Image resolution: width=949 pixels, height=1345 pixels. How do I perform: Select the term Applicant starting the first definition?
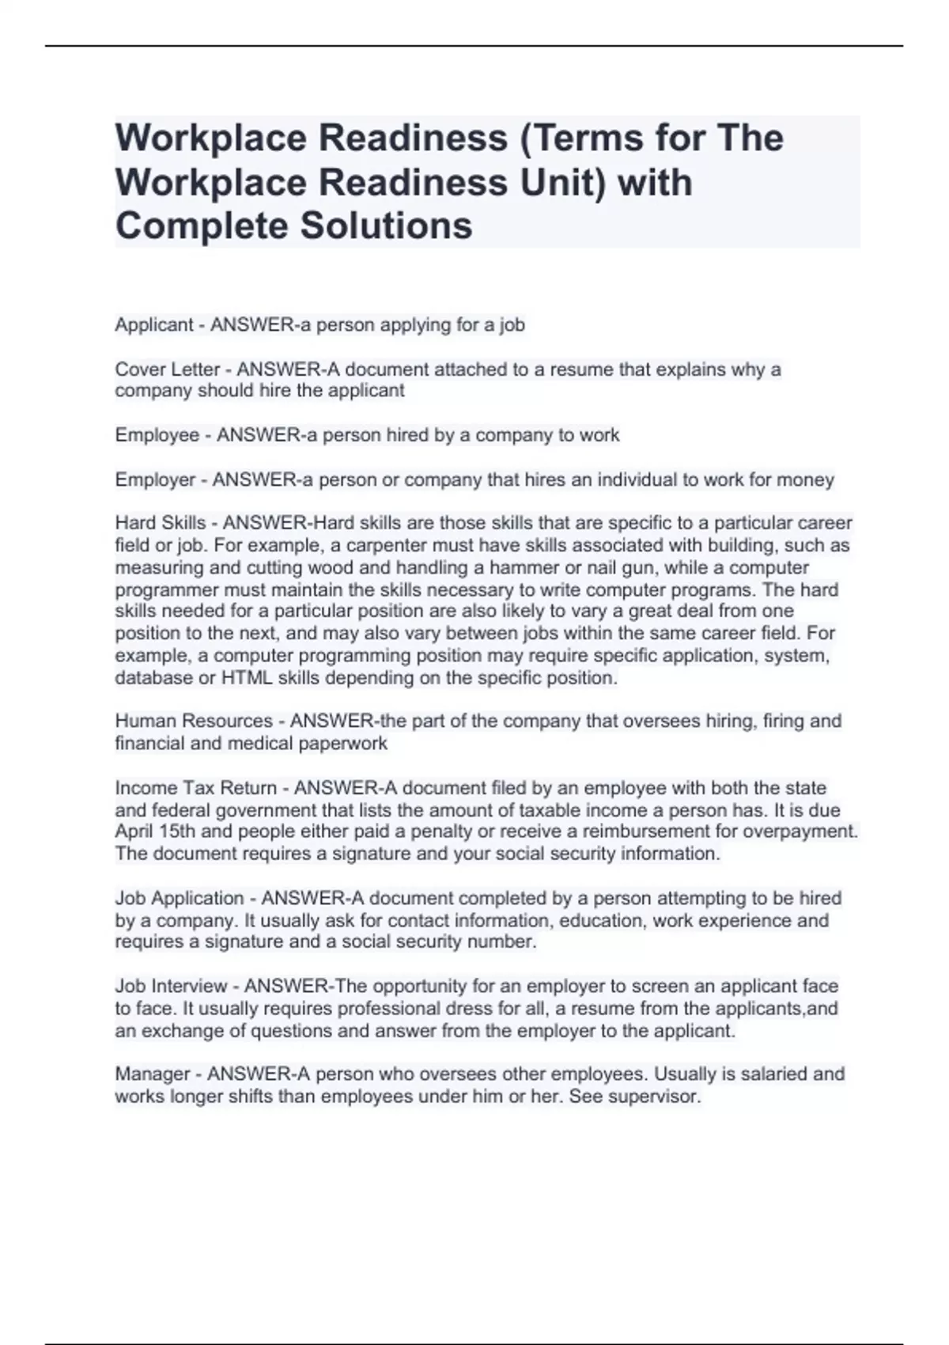point(154,324)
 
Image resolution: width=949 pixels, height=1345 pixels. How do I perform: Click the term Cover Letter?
point(167,369)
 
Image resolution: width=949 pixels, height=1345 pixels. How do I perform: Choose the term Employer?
point(155,479)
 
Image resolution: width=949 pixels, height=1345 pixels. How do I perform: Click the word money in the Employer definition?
point(805,479)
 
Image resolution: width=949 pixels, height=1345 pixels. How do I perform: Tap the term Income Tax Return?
point(196,788)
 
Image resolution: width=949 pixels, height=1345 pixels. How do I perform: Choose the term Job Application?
point(180,898)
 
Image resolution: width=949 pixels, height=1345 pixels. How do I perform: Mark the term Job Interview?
point(171,986)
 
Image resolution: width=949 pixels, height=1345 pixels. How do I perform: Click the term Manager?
point(153,1074)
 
